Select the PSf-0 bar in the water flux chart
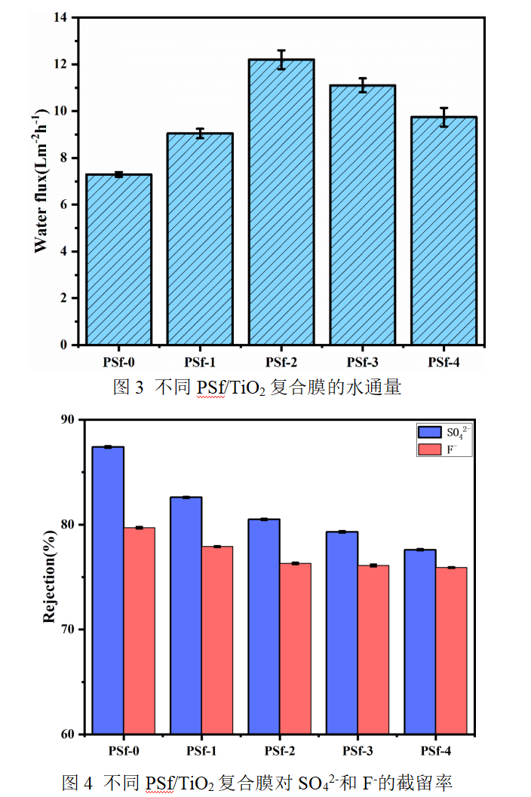tap(119, 259)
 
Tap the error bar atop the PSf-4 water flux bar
tap(444, 117)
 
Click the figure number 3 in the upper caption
tap(138, 388)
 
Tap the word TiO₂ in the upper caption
tap(241, 388)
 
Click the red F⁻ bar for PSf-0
tap(140, 630)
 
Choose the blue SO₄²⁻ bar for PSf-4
tap(420, 641)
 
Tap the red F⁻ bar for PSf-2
tap(296, 648)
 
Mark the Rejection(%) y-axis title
tap(49, 577)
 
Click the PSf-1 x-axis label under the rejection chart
tap(201, 751)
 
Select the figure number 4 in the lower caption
tap(87, 783)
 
